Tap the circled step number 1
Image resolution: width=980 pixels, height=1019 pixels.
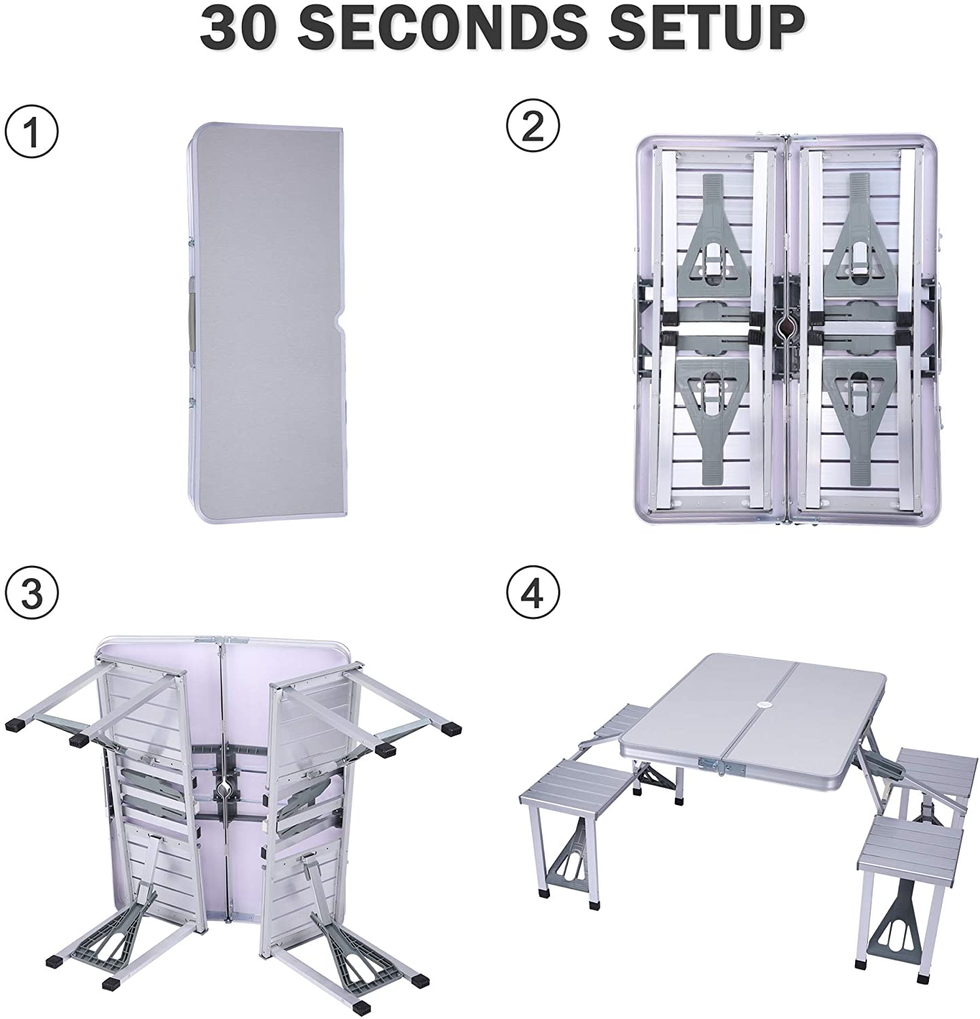click(x=32, y=128)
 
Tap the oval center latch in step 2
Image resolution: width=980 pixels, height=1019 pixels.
click(x=786, y=327)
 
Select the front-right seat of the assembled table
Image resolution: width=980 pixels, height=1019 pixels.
click(x=911, y=836)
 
